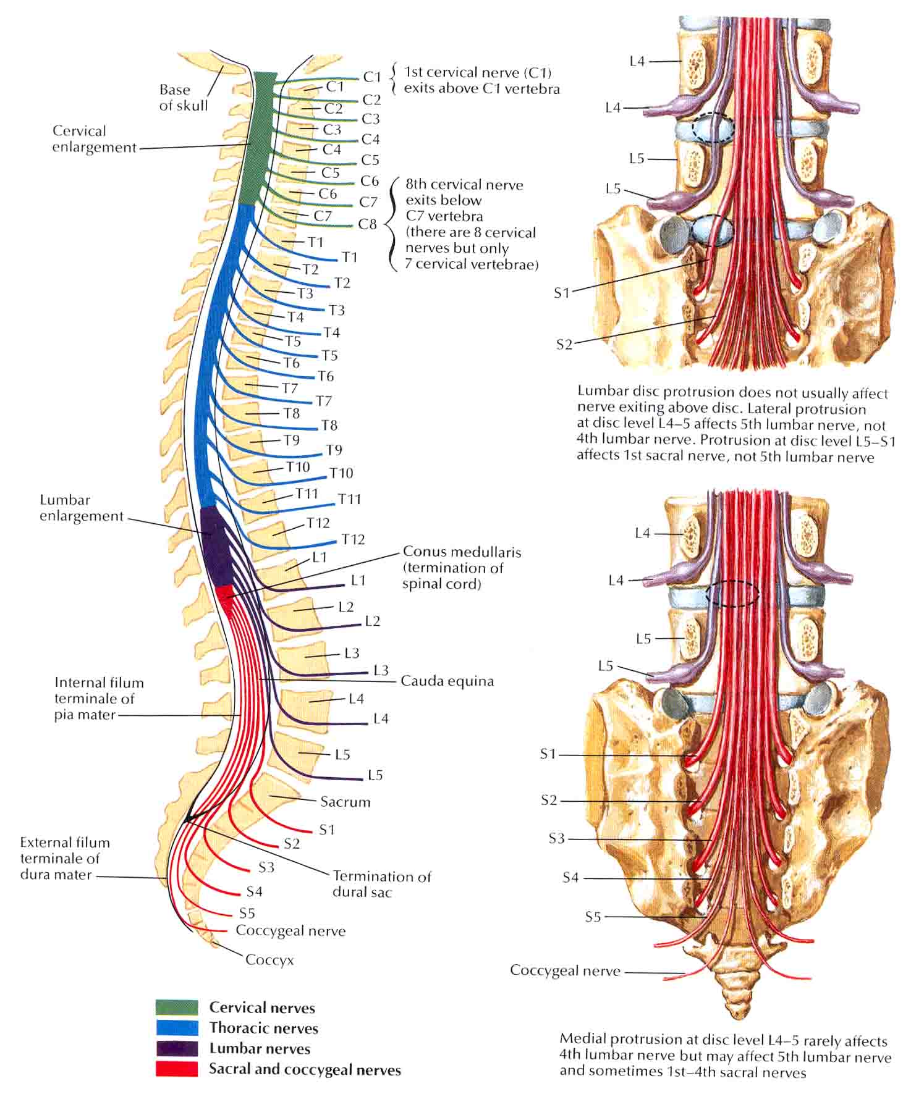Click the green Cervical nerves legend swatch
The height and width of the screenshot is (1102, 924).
177,1007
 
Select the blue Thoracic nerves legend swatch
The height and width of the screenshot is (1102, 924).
177,1028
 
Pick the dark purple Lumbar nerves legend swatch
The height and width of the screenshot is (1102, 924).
177,1048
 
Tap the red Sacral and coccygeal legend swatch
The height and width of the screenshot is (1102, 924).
177,1069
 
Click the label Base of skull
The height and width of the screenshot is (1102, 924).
184,98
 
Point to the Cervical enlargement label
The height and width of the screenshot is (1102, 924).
94,139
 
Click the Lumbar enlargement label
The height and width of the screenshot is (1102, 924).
82,508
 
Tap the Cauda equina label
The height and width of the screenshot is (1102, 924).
447,681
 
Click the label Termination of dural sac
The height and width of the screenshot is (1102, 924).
382,884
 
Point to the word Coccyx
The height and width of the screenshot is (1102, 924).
269,960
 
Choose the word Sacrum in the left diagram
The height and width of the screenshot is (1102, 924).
345,802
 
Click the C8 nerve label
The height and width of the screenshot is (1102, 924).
367,224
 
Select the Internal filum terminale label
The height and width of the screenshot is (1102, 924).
99,699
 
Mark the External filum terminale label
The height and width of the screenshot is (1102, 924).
65,859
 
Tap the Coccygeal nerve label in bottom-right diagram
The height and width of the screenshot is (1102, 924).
565,970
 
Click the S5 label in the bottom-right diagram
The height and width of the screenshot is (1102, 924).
593,917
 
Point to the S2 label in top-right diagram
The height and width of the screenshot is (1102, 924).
564,345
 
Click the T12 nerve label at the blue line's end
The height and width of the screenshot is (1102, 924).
353,539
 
